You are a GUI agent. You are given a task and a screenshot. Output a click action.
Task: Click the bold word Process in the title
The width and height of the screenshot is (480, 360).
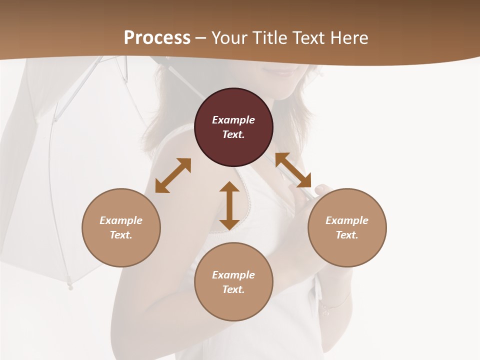(x=157, y=38)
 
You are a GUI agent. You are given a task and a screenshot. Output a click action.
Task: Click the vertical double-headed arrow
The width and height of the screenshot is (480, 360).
(x=229, y=205)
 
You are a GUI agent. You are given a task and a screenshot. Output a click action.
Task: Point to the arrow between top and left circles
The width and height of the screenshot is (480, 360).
(x=173, y=175)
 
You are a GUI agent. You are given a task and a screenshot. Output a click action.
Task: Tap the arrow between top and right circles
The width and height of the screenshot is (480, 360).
(x=293, y=170)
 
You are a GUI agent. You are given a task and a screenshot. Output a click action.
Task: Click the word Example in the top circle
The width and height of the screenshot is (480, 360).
(x=233, y=120)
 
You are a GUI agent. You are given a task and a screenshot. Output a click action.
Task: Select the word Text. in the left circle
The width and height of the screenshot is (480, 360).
(x=121, y=235)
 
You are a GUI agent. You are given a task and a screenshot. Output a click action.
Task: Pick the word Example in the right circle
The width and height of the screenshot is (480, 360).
(x=347, y=220)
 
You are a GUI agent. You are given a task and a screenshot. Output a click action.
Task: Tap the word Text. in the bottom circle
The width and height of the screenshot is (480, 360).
(x=233, y=289)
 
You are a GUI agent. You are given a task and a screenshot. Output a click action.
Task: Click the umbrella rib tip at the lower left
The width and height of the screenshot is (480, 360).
(x=70, y=287)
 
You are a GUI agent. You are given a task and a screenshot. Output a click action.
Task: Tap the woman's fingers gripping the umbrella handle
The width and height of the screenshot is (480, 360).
(x=320, y=189)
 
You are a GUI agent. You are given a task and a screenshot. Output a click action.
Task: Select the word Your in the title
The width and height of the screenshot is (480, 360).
(x=229, y=38)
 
